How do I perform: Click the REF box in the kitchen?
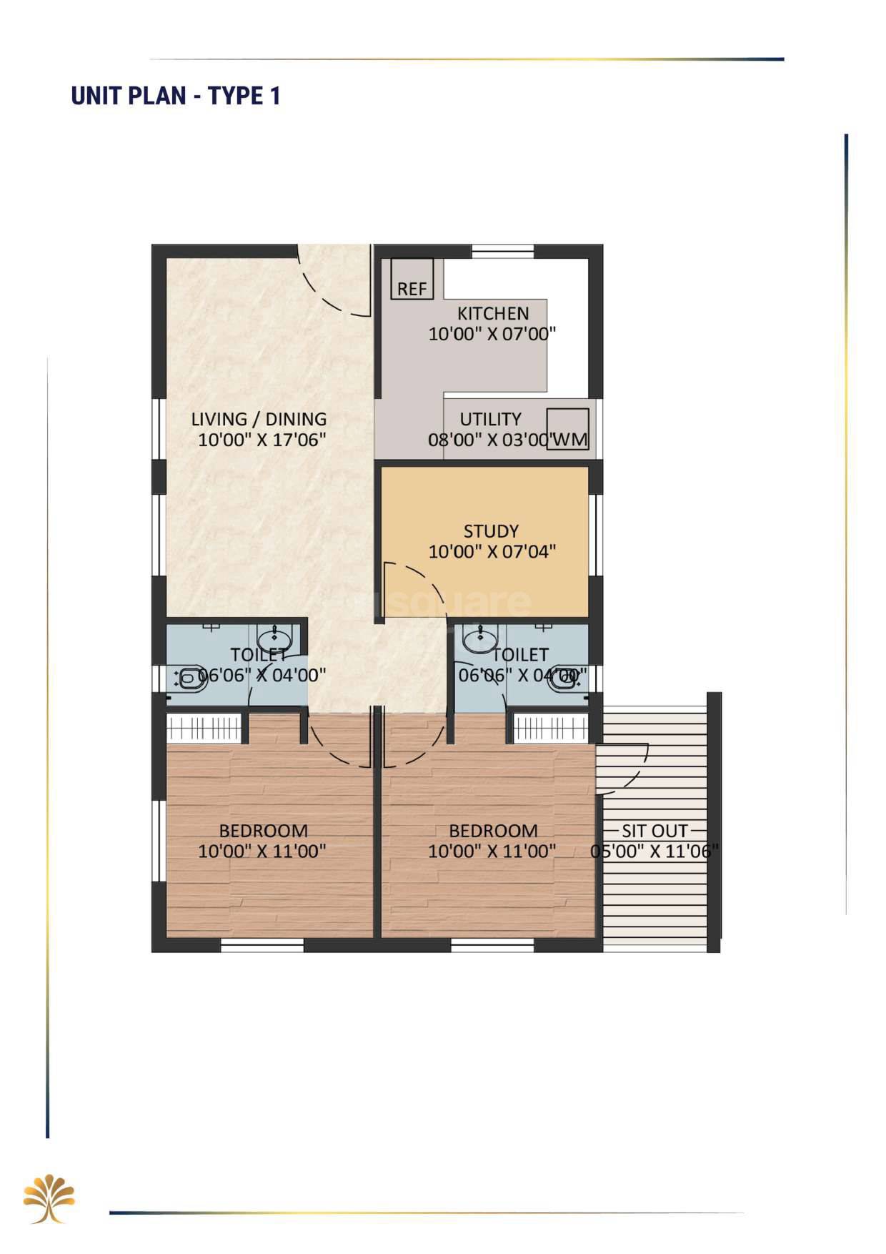coord(412,279)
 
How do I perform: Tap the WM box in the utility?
coord(568,429)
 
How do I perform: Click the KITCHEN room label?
coord(493,313)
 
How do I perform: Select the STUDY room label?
coord(491,531)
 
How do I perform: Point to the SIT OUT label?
coord(654,831)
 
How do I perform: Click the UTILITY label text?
coord(490,419)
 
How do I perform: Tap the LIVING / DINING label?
coord(259,419)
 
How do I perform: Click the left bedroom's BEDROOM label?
coord(263,831)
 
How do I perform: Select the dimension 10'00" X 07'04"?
coord(492,551)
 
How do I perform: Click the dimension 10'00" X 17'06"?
coord(262,439)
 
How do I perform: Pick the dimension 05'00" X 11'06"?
coord(654,851)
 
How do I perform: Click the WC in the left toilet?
coord(189,678)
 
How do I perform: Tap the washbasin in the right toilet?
coord(479,638)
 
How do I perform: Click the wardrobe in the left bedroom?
coord(206,729)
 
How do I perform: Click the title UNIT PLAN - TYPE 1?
coord(176,96)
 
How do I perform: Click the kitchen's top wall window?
coord(503,251)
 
